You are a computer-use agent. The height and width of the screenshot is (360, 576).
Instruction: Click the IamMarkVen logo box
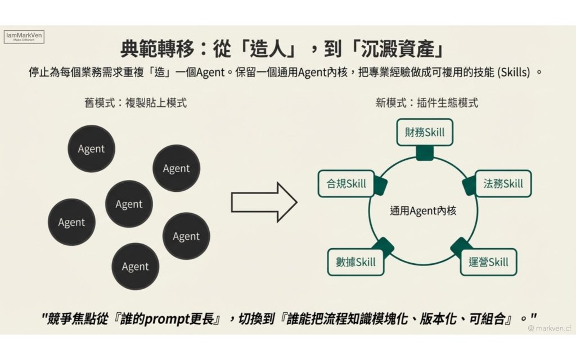(24, 37)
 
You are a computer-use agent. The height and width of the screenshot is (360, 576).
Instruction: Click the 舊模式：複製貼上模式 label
(134, 103)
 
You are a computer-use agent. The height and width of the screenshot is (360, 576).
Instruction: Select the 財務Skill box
(425, 132)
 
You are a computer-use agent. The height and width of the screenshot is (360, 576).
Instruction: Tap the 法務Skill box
(503, 183)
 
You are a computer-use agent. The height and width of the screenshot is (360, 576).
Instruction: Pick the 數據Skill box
(355, 262)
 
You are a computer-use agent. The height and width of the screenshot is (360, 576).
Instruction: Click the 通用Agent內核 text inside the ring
(423, 211)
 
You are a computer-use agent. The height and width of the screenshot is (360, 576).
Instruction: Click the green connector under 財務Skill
(425, 153)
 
